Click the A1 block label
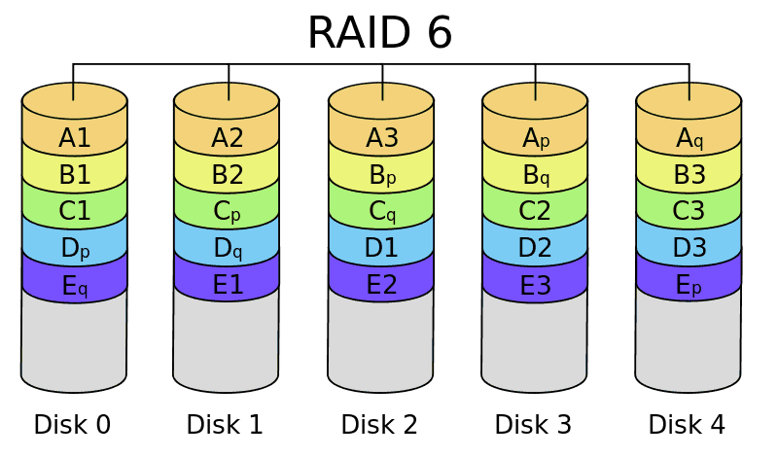tap(75, 138)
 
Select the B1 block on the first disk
tap(75, 175)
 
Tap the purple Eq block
tap(75, 286)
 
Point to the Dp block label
tap(75, 249)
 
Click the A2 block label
tap(227, 138)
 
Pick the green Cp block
tap(227, 212)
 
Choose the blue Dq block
tap(227, 249)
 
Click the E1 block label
tap(227, 286)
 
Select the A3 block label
tap(381, 138)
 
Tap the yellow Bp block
tap(381, 175)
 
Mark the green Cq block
tap(381, 212)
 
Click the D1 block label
tap(381, 249)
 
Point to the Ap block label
tap(535, 138)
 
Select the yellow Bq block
tap(535, 175)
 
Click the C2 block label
tap(535, 212)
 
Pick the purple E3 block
tap(535, 286)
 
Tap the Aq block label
tap(689, 138)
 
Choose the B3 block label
tap(689, 175)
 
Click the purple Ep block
tap(689, 286)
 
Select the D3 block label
tap(689, 249)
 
